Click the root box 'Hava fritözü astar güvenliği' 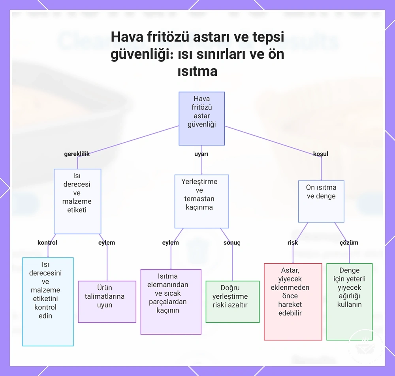click(x=201, y=118)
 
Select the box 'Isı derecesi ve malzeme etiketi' click(x=77, y=201)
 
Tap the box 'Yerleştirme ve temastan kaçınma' click(x=201, y=201)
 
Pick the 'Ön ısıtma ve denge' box click(x=321, y=201)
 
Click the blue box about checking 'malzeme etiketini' click(x=48, y=302)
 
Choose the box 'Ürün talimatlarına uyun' click(x=107, y=302)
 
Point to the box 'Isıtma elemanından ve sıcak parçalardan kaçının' click(x=171, y=302)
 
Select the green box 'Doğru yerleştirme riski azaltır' click(x=233, y=302)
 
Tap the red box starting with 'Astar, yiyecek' click(x=293, y=302)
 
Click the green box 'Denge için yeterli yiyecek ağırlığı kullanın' click(x=349, y=302)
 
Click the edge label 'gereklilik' click(x=77, y=154)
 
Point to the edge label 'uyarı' click(x=201, y=154)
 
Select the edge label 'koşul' click(x=320, y=154)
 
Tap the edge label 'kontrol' click(x=47, y=242)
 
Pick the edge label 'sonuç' click(x=232, y=243)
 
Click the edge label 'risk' click(x=292, y=242)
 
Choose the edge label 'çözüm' click(x=349, y=243)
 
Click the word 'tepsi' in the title click(x=268, y=37)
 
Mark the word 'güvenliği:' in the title click(x=142, y=54)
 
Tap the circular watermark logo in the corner click(x=365, y=346)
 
